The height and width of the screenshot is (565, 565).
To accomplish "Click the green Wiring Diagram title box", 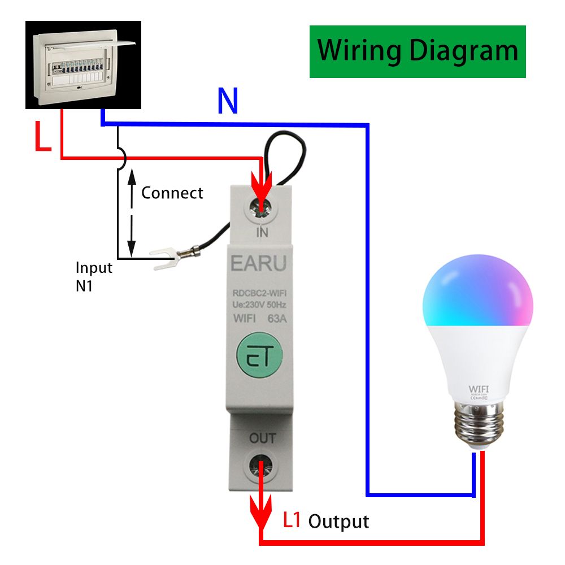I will [x=418, y=51].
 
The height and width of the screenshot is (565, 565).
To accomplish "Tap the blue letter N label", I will [x=228, y=102].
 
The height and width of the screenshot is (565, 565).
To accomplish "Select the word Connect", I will [x=172, y=193].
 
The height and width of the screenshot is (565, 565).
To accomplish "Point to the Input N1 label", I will [x=94, y=276].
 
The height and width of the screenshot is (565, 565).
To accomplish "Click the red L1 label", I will [x=292, y=520].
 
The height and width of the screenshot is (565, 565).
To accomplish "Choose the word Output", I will [x=338, y=521].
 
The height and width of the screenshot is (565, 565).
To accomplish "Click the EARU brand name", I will [x=259, y=262].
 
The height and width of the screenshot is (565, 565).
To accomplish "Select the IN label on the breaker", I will [x=262, y=232].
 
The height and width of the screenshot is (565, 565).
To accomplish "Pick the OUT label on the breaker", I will [x=263, y=438].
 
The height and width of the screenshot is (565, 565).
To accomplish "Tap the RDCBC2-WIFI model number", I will [x=259, y=293].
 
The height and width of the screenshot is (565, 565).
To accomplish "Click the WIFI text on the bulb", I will [x=477, y=389].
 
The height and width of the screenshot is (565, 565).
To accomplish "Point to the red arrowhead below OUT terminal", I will [x=260, y=515].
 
